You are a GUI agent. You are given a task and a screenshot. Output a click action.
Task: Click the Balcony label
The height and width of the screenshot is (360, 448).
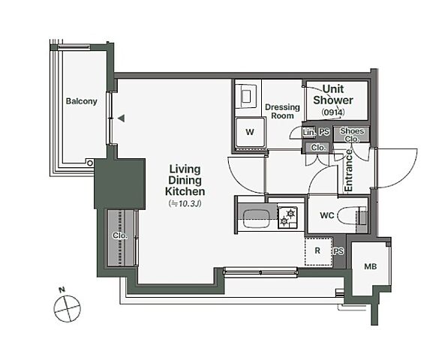click(x=82, y=101)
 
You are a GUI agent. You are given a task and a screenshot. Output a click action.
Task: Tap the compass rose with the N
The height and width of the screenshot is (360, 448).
click(x=68, y=308)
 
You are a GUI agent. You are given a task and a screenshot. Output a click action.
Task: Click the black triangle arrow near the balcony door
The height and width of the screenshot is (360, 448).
click(x=122, y=118)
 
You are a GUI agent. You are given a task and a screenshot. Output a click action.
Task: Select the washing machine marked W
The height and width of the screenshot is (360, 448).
click(x=251, y=132)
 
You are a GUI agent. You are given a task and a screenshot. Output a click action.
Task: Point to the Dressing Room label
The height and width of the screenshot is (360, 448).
click(x=282, y=111)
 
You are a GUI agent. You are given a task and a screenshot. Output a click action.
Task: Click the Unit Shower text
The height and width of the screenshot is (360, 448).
click(x=333, y=94)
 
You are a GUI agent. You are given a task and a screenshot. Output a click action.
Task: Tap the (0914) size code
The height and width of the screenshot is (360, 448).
click(x=333, y=112)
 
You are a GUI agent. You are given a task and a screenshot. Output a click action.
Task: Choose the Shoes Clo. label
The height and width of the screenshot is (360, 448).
click(x=352, y=135)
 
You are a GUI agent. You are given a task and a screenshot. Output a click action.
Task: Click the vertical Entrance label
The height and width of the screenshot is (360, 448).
click(x=349, y=170)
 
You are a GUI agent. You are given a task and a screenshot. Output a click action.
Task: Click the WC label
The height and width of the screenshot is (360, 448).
click(x=327, y=215)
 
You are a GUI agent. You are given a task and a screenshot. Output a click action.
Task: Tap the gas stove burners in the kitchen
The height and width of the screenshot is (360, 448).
click(x=287, y=217)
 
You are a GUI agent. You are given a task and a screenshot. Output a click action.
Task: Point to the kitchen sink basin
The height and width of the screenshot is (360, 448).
click(x=255, y=219)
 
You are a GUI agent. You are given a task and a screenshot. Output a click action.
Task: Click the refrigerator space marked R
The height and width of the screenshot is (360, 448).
click(x=318, y=251)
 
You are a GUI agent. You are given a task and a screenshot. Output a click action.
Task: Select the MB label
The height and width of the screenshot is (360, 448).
click(x=370, y=267)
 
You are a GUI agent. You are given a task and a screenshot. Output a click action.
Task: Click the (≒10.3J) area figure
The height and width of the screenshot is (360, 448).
click(x=185, y=203)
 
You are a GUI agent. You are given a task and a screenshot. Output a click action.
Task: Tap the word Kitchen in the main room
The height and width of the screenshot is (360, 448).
click(x=185, y=191)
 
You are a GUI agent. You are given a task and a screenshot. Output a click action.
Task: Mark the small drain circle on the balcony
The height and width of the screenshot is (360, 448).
click(x=90, y=163)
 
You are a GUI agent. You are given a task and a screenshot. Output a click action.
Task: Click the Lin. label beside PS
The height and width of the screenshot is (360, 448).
click(x=309, y=132)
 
